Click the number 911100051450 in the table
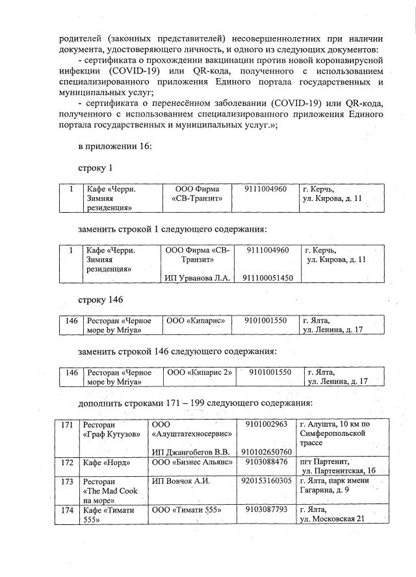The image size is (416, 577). (268, 278)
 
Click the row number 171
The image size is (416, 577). (66, 425)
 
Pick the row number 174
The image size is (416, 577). (66, 510)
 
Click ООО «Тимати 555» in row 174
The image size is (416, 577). (187, 510)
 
